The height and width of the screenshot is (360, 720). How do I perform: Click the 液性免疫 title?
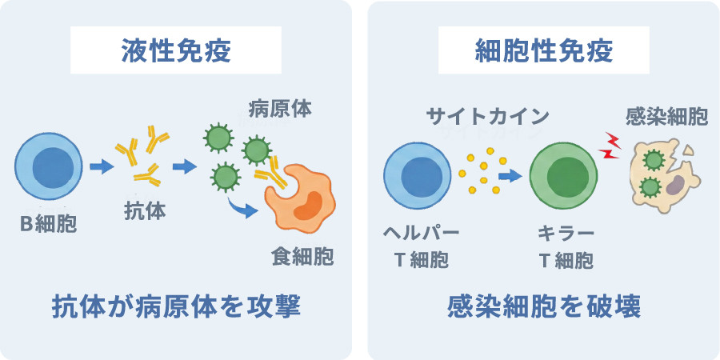click(176, 51)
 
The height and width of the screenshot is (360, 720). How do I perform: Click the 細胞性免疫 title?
click(544, 51)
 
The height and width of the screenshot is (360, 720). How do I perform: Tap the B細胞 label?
click(48, 225)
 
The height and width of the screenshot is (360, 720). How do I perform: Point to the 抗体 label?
click(145, 212)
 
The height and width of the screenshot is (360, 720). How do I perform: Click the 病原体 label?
click(280, 110)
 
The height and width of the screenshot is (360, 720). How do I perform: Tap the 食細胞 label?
click(302, 256)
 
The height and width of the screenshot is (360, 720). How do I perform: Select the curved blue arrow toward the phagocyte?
click(243, 208)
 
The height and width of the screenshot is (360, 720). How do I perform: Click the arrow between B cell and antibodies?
click(102, 166)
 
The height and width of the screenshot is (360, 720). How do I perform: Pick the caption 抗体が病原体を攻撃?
click(176, 307)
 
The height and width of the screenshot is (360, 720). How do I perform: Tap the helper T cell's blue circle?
click(418, 175)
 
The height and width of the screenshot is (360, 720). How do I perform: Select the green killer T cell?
click(563, 175)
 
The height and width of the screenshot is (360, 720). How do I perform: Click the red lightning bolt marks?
click(610, 146)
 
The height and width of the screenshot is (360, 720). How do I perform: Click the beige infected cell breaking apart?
click(665, 177)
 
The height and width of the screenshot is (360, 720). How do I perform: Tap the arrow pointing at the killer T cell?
click(510, 175)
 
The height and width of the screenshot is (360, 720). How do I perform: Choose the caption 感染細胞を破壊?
click(544, 307)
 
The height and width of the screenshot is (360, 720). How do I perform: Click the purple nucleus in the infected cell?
click(674, 187)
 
